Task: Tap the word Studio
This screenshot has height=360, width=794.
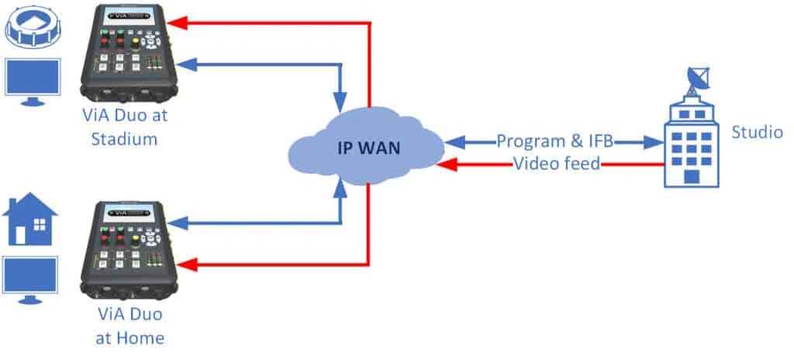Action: coord(757,133)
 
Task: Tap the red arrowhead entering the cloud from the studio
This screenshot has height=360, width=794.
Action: coord(445,164)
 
